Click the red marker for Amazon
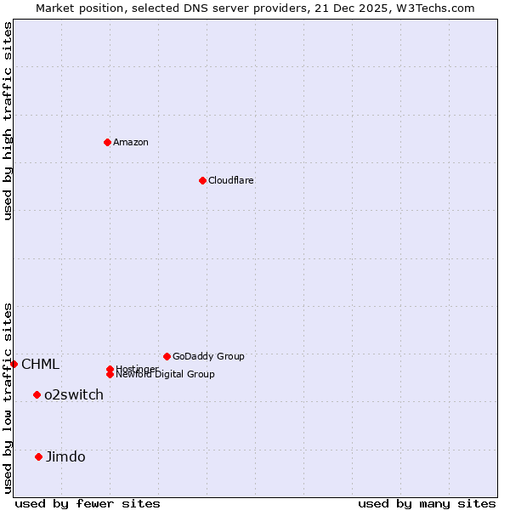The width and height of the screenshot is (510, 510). (x=107, y=142)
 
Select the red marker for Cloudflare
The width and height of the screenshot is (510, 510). (x=202, y=180)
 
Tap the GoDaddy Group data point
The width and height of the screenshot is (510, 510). (x=167, y=356)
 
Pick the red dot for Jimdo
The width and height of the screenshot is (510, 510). (x=38, y=456)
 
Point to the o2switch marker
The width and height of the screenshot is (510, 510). (x=37, y=394)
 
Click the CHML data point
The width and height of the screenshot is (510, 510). (x=14, y=364)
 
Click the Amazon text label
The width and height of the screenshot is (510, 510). (x=131, y=142)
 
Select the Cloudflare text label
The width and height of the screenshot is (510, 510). (x=231, y=180)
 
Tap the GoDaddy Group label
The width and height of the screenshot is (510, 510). (x=208, y=356)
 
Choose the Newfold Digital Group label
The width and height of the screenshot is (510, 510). (x=166, y=375)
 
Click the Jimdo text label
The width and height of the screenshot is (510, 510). (x=65, y=456)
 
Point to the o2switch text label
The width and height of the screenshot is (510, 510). (x=74, y=394)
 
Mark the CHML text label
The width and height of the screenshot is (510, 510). (x=40, y=365)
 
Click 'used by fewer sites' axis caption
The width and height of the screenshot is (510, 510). (x=88, y=503)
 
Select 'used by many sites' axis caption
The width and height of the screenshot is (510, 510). (x=427, y=503)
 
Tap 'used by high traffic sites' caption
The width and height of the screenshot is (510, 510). (x=8, y=121)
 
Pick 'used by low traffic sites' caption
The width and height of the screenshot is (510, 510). (x=8, y=398)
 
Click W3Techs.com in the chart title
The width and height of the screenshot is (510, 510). (x=433, y=8)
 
